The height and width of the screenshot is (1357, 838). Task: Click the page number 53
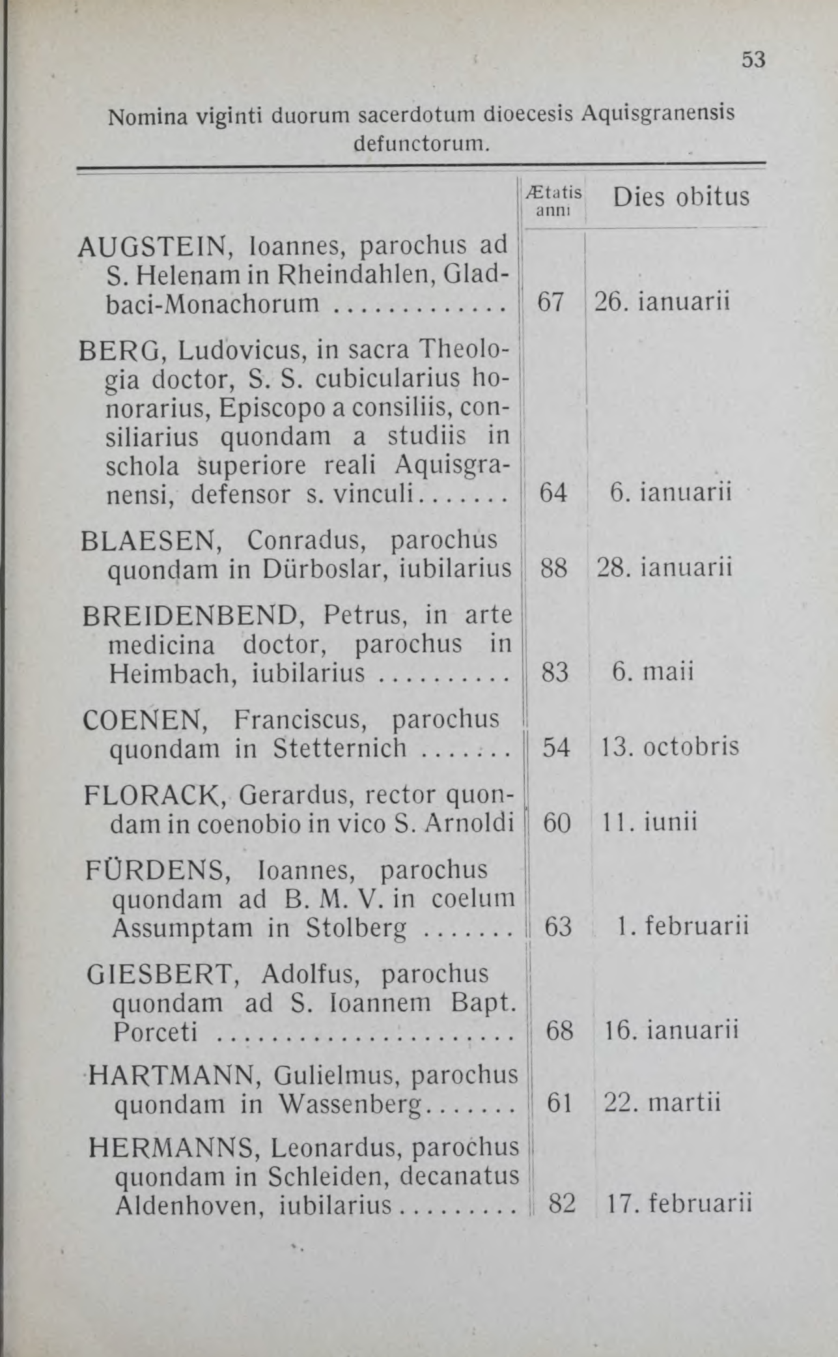(x=753, y=60)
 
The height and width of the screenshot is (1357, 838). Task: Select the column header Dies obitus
(x=681, y=197)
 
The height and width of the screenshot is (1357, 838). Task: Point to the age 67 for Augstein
(x=550, y=302)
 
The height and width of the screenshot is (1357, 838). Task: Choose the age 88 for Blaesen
(x=554, y=569)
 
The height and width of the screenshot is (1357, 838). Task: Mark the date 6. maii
(x=652, y=672)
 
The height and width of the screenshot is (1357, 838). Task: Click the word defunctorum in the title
(x=420, y=142)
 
